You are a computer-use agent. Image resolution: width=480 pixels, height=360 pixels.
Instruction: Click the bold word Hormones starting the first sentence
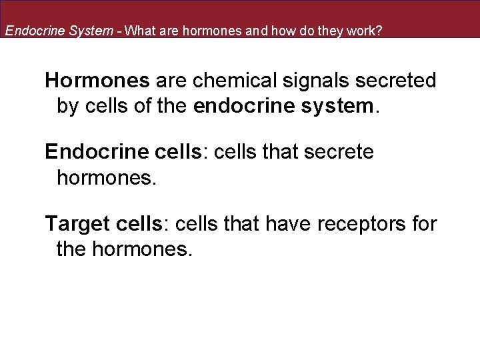97,81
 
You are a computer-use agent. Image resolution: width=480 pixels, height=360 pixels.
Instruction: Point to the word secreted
403,81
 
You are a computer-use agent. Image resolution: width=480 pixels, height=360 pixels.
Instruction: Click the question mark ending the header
379,31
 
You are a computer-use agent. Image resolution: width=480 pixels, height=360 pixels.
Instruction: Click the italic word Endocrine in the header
32,31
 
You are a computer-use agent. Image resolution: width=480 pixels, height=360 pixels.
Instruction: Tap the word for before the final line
424,224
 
